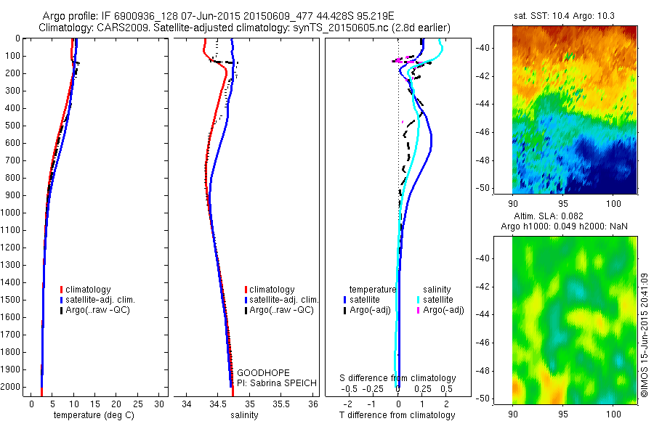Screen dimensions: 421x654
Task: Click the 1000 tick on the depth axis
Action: [x=14, y=213]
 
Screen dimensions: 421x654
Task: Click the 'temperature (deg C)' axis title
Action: [x=91, y=415]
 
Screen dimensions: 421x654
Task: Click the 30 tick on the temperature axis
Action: [x=160, y=404]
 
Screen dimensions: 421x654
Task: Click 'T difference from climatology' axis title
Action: [x=397, y=415]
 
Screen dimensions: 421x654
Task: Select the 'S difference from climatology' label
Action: [x=398, y=378]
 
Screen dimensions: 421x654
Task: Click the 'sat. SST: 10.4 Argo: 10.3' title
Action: [x=565, y=15]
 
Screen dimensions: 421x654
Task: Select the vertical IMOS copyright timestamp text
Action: [x=645, y=334]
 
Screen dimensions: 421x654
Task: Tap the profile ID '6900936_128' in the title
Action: [x=159, y=15]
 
